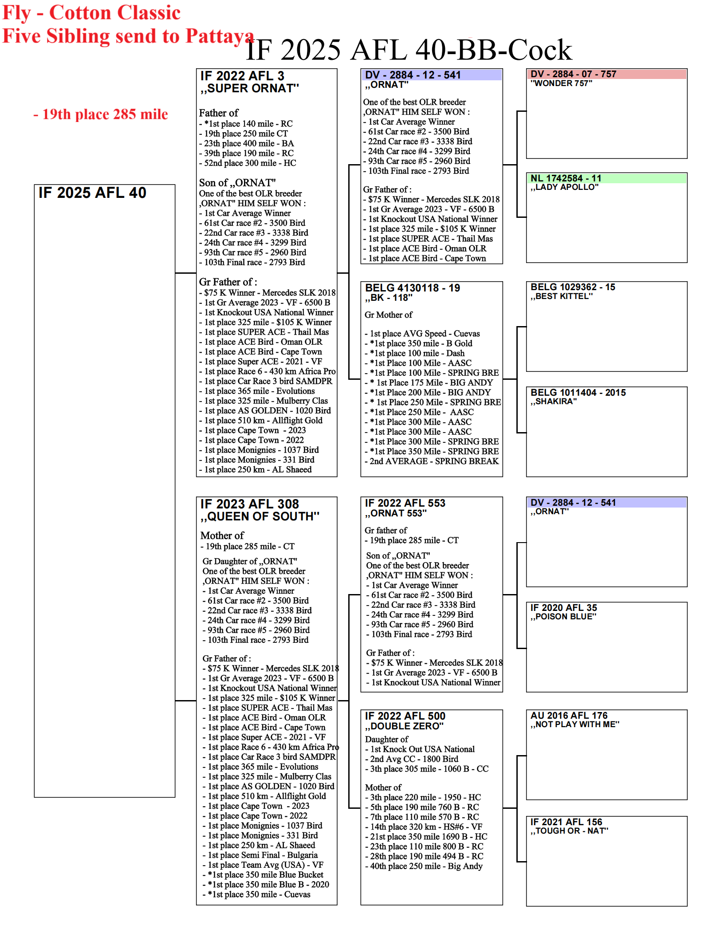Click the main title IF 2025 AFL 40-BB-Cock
point(409,50)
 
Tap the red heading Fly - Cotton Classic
point(91,12)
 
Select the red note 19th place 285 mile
point(101,114)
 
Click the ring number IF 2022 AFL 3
point(242,76)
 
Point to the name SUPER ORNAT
point(250,88)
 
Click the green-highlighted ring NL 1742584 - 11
point(566,178)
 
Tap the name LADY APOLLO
point(564,187)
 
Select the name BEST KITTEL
point(562,296)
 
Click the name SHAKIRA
point(554,402)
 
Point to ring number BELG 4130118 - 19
point(413,288)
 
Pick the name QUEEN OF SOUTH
point(260,516)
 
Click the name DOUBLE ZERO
point(404,726)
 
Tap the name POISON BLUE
point(563,617)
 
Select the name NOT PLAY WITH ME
point(575,724)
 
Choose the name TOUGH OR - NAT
point(570,831)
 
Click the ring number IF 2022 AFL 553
point(405,503)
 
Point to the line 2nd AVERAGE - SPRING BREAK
point(434,461)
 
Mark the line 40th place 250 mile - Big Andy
point(426,866)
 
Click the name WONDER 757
point(561,83)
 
